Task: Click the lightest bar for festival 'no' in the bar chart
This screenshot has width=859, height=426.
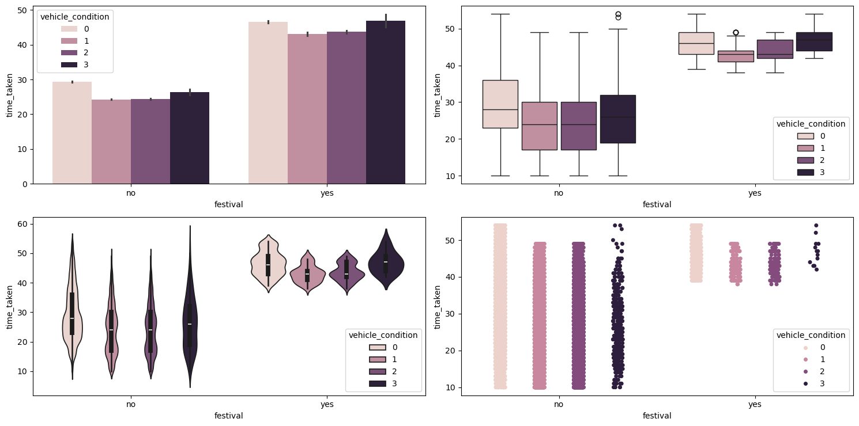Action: pyautogui.click(x=72, y=132)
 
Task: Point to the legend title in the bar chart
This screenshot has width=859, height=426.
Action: pyautogui.click(x=75, y=17)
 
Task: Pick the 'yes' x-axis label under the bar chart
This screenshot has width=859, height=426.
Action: pyautogui.click(x=327, y=193)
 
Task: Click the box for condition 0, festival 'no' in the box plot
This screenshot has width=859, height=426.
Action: pyautogui.click(x=500, y=104)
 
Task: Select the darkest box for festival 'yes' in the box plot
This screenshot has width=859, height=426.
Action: pyautogui.click(x=814, y=41)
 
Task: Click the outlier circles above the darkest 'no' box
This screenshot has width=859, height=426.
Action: pyautogui.click(x=618, y=16)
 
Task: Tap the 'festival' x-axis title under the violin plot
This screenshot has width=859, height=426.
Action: pyautogui.click(x=228, y=416)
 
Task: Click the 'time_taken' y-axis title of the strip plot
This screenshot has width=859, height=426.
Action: pyautogui.click(x=438, y=306)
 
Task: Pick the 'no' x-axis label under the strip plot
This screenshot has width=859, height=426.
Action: pyautogui.click(x=559, y=405)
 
